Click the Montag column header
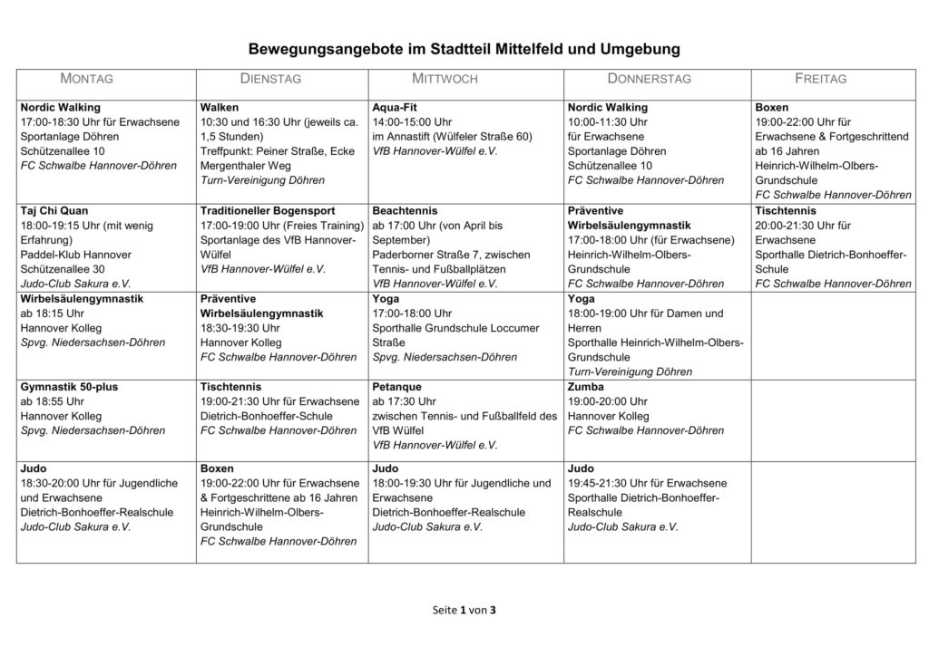click(86, 79)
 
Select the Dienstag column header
click(270, 79)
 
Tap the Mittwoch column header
click(445, 79)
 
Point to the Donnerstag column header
click(649, 79)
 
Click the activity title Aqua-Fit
click(397, 107)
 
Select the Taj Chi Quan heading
click(54, 209)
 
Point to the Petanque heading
click(397, 387)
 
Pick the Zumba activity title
click(585, 387)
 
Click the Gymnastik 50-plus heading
click(69, 387)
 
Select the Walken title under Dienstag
click(220, 107)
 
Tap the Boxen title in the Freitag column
click(771, 107)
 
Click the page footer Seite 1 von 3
click(464, 610)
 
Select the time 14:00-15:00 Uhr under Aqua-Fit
click(412, 121)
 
